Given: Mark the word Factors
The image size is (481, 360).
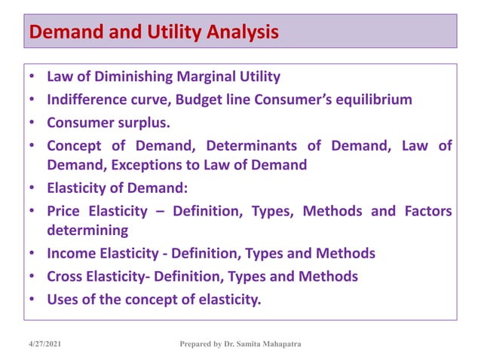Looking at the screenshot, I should [426, 211].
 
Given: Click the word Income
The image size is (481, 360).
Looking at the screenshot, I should [70, 253].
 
